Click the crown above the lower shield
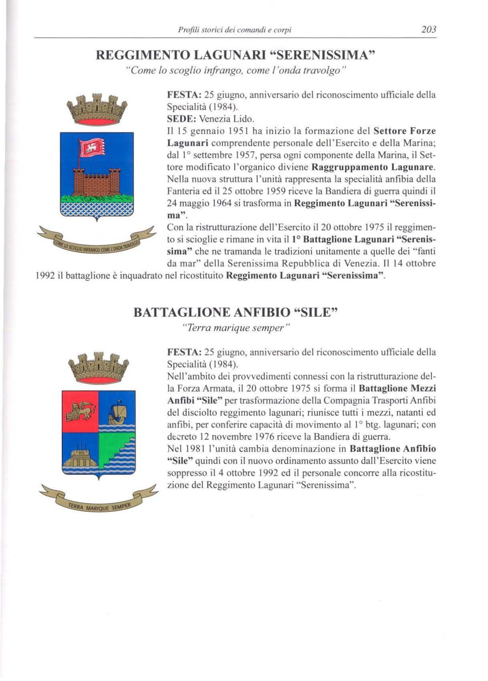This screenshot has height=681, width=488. (x=99, y=367)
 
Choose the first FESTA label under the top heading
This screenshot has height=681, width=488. (x=183, y=95)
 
